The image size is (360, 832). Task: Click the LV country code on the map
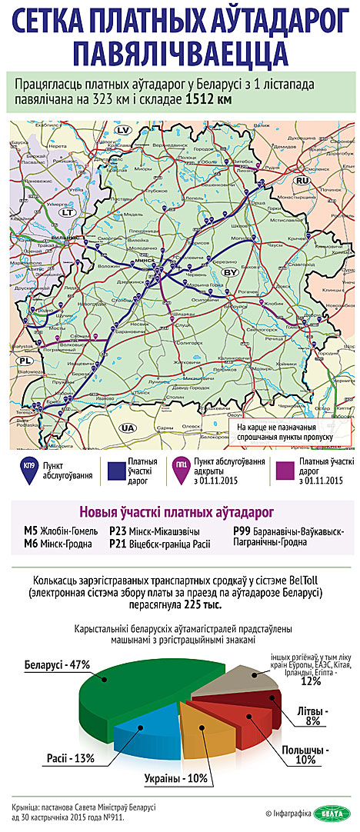click(x=122, y=131)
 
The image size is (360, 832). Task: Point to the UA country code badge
click(x=128, y=427)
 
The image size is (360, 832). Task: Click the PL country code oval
click(x=26, y=360)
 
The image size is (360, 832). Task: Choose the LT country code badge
click(x=68, y=211)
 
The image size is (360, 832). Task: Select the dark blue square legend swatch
click(x=116, y=470)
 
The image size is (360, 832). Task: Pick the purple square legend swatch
click(x=283, y=470)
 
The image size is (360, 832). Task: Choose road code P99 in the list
click(x=242, y=531)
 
